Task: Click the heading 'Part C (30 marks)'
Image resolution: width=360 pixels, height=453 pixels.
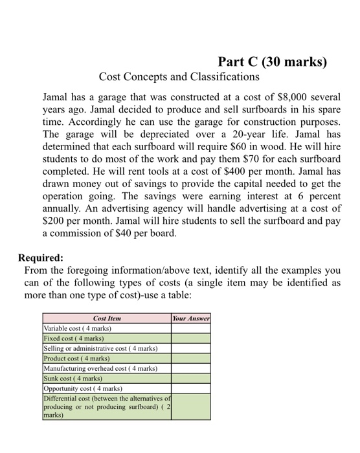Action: pos(273,62)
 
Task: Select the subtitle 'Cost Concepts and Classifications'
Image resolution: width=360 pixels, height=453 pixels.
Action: pos(179,77)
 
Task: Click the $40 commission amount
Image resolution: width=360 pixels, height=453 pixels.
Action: pos(128,236)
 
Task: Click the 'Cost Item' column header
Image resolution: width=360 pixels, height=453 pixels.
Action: pos(107,318)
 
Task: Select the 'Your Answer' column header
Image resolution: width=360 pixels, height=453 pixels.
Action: pos(191,318)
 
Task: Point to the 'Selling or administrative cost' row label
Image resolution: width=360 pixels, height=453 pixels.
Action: pos(100,348)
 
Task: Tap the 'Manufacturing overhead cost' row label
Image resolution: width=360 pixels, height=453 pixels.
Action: pos(100,368)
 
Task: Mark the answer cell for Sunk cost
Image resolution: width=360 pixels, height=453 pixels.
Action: pos(191,378)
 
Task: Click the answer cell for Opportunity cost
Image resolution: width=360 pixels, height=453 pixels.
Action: pos(191,388)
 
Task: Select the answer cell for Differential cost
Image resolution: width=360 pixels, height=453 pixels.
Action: pos(191,406)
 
